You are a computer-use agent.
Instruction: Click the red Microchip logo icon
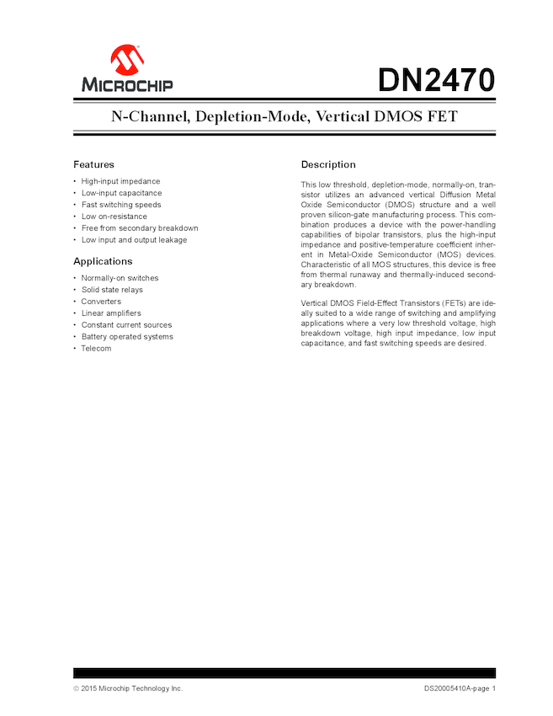(127, 60)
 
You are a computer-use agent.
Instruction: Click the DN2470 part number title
(435, 80)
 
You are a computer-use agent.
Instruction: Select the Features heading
(93, 164)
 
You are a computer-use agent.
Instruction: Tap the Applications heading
(103, 261)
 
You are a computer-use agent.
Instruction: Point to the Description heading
(328, 164)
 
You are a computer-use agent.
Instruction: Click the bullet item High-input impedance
(120, 181)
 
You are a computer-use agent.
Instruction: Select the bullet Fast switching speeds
(121, 205)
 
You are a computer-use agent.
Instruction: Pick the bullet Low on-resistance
(114, 216)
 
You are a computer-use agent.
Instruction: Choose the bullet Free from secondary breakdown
(140, 228)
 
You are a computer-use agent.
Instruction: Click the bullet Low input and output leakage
(134, 240)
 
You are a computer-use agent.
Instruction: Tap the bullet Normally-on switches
(120, 278)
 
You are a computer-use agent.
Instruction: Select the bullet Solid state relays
(112, 290)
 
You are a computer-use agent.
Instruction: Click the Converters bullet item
(101, 302)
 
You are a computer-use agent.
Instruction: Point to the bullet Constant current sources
(126, 325)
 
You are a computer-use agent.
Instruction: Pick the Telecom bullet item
(96, 349)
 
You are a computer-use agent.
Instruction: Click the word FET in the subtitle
(442, 117)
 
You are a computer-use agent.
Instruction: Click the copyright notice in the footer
(127, 688)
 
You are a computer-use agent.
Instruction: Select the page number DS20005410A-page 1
(460, 688)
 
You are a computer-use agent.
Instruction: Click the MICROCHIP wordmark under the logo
(127, 85)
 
